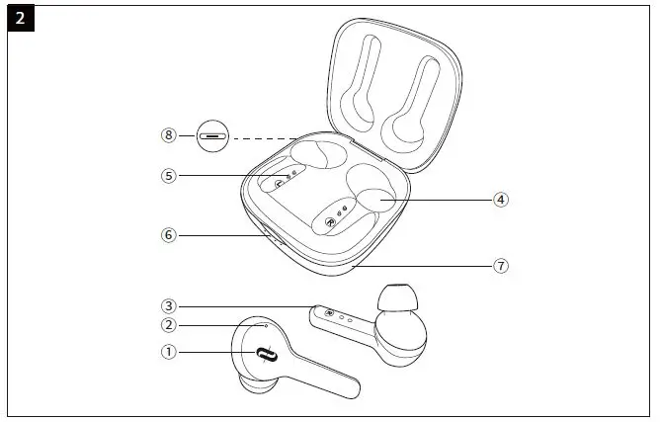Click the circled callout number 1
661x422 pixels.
coord(169,351)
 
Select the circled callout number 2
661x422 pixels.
coord(169,325)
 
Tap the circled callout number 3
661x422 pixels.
coord(169,306)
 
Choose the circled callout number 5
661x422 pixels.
coord(169,176)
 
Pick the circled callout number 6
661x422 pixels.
coord(169,235)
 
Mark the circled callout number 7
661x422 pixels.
coord(502,266)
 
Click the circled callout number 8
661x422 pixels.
coord(169,134)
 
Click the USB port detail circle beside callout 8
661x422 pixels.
coord(212,134)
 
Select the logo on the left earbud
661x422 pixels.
coord(264,355)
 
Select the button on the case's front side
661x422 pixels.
coord(273,237)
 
